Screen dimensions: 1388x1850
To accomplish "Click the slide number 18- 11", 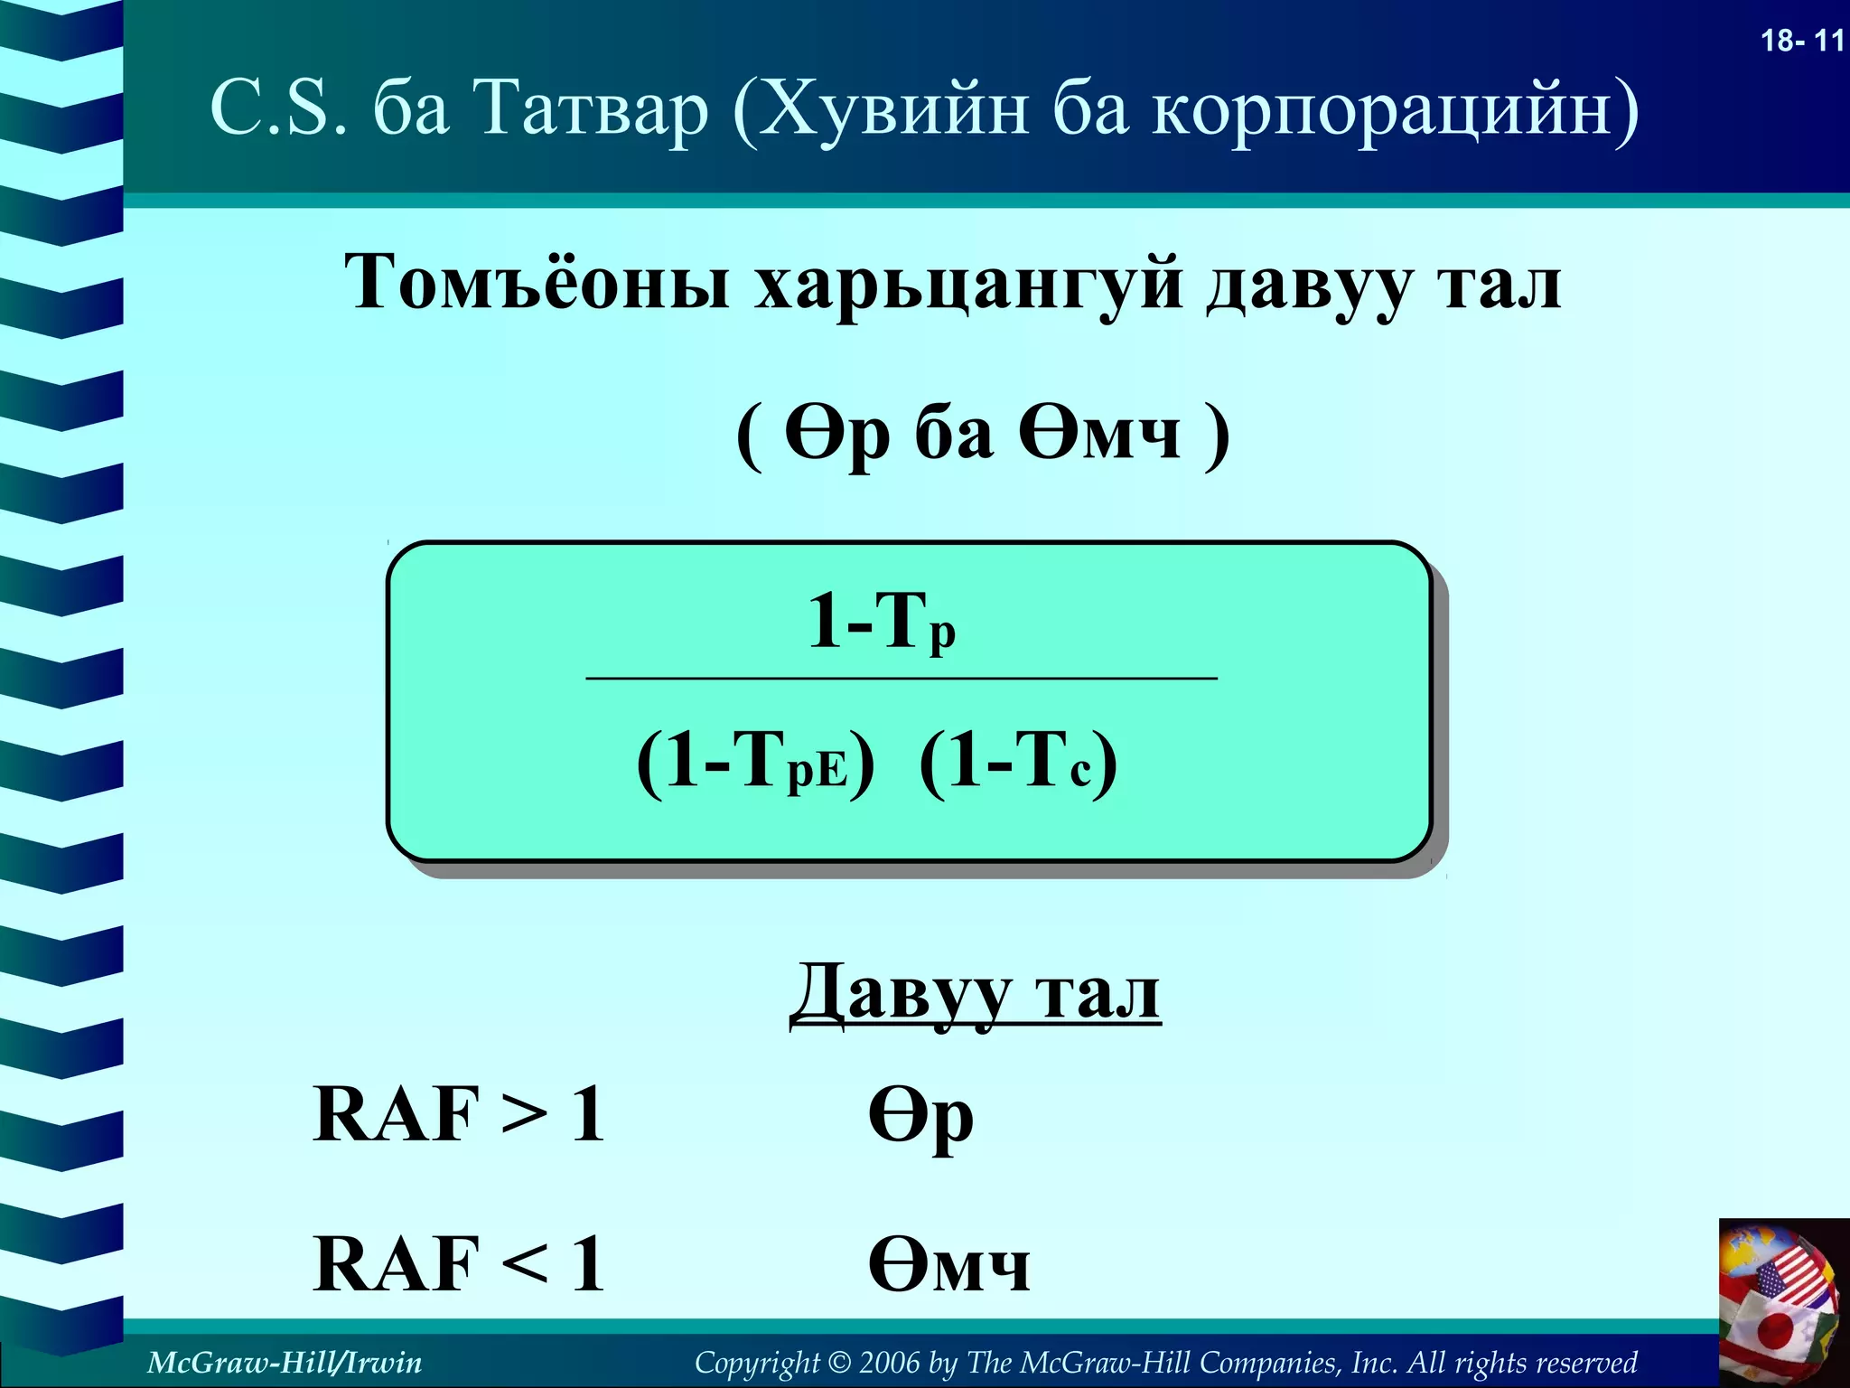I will click(x=1801, y=41).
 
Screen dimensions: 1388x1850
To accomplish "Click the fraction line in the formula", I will click(x=901, y=678).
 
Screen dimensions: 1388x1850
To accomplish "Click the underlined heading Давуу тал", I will click(x=975, y=994).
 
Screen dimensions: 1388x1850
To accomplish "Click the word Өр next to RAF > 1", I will click(x=920, y=1117).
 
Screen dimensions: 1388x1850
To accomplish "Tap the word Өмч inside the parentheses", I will click(x=1099, y=432).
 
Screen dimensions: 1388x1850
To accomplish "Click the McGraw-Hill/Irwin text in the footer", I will click(x=285, y=1362).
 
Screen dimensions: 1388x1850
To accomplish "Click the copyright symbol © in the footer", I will click(x=839, y=1363).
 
